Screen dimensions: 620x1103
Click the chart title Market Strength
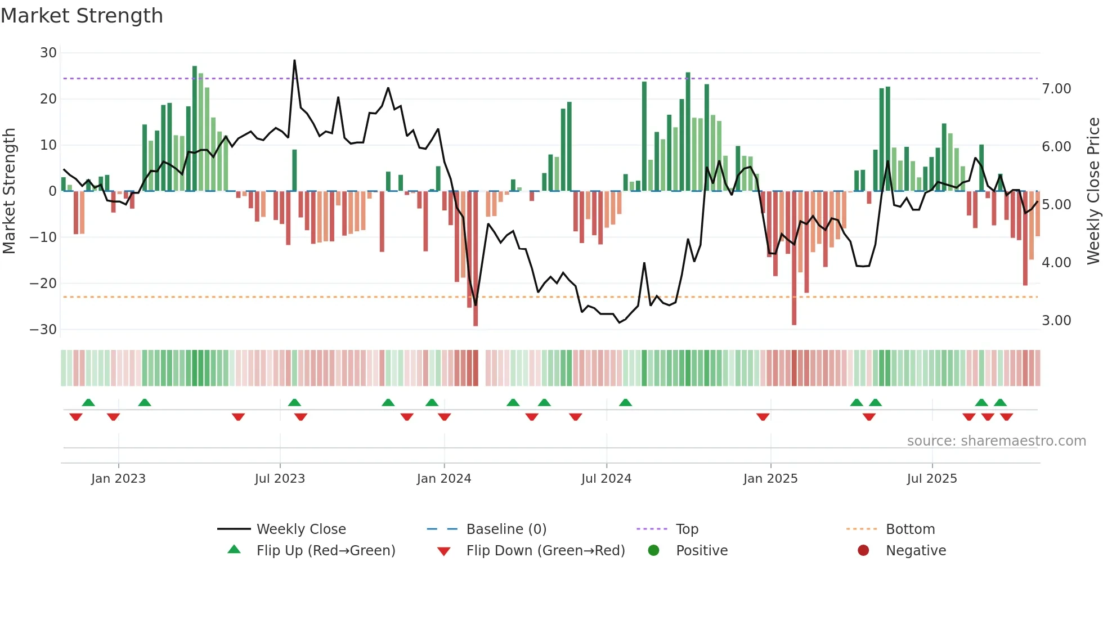point(82,16)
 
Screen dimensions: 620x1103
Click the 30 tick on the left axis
point(48,53)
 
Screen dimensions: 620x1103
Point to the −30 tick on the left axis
point(43,330)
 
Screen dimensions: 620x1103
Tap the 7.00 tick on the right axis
point(1056,89)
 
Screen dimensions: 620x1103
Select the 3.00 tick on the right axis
point(1056,321)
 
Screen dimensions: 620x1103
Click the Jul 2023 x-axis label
point(280,479)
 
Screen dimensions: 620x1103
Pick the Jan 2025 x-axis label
point(770,479)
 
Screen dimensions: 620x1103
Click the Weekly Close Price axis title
point(1093,191)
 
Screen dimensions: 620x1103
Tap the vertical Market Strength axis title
point(10,191)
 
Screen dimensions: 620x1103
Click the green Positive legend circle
point(653,551)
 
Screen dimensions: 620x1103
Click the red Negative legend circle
point(863,551)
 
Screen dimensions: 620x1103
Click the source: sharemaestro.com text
point(996,441)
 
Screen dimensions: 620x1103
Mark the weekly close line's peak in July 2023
point(294,61)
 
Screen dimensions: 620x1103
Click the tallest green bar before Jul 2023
point(195,128)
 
